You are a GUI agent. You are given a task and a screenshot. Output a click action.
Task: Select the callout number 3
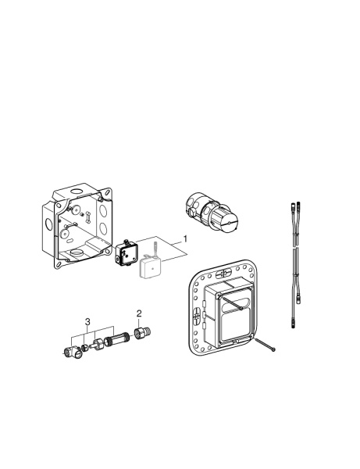coord(88,321)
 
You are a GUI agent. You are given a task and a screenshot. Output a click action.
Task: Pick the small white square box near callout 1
coord(150,269)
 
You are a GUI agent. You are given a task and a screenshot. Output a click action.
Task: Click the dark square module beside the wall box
coord(126,253)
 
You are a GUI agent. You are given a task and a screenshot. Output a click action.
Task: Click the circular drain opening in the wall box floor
coord(77,253)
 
